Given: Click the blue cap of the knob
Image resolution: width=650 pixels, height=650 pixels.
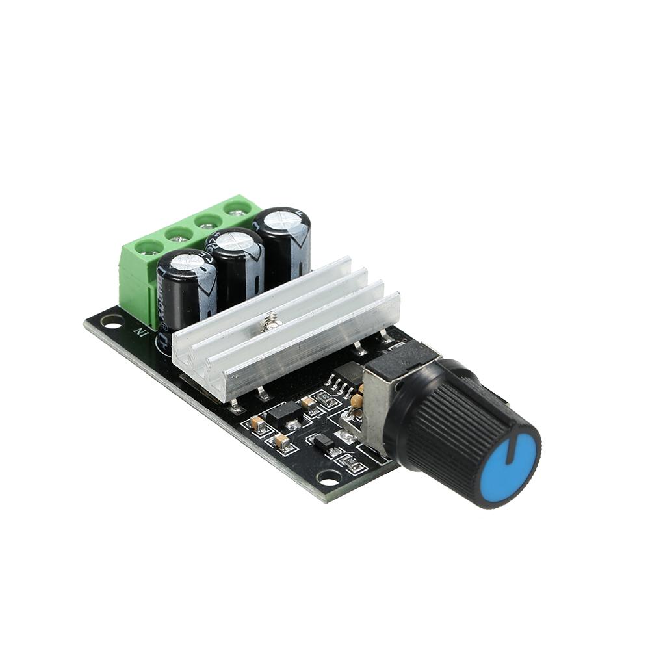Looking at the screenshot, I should (x=510, y=466).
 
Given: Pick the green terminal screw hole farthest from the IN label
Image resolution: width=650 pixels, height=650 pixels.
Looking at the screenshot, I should (x=238, y=207).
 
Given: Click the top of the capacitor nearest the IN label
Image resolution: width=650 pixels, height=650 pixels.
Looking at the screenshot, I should (x=187, y=261).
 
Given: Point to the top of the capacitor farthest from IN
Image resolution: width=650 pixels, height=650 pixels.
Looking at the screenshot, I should (x=281, y=218).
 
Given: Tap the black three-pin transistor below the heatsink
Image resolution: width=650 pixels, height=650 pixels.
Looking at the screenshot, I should (x=283, y=414).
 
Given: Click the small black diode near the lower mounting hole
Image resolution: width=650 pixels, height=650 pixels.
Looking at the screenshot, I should (x=323, y=443).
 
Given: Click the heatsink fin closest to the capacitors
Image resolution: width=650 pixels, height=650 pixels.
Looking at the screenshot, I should (x=260, y=292).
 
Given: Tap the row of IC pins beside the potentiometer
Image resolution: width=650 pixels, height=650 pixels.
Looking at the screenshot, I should (x=339, y=385).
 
